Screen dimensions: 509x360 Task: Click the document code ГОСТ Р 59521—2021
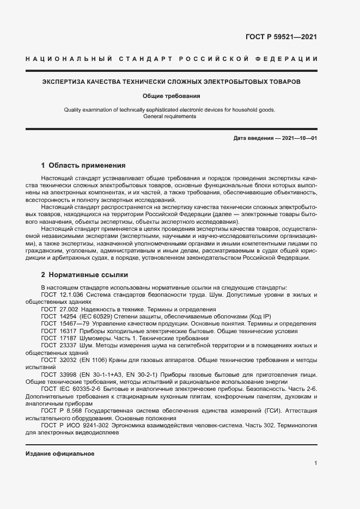(282, 38)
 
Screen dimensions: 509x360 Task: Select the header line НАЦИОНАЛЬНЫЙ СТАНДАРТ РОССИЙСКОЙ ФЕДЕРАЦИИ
(172, 58)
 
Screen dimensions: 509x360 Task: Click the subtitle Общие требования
(172, 96)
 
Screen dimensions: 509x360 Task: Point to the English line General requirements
(169, 116)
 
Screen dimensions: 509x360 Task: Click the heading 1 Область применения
(83, 165)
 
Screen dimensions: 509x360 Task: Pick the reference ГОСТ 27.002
(59, 309)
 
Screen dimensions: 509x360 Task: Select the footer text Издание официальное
(60, 453)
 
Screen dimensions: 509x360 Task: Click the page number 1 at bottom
(315, 463)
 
